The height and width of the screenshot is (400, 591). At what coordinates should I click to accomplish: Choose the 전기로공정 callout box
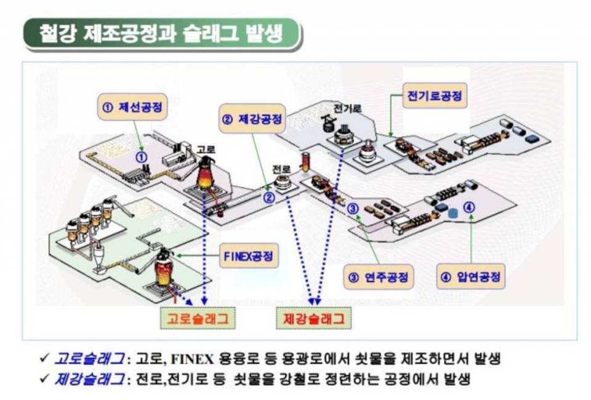[x=434, y=96]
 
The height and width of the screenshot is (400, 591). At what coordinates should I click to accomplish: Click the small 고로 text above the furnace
[x=205, y=149]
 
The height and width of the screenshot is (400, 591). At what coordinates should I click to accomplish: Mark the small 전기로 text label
[x=348, y=108]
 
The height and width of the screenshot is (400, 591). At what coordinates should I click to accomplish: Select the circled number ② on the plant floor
[x=269, y=198]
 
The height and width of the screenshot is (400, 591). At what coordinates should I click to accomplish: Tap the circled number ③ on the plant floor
[x=353, y=208]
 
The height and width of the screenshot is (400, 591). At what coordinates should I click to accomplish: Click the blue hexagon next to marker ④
[x=453, y=212]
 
